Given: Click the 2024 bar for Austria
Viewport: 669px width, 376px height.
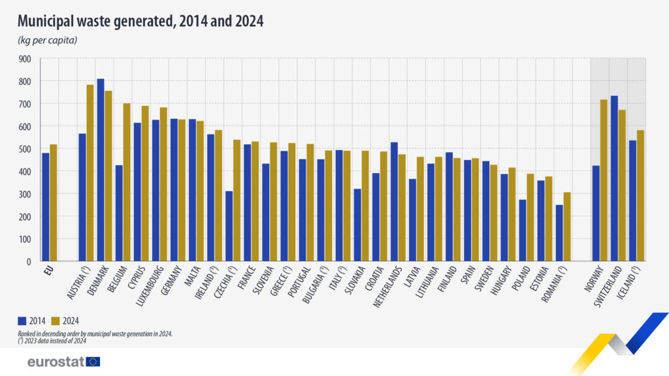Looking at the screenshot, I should [90, 173].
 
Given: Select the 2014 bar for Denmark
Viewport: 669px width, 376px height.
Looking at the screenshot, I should [101, 170].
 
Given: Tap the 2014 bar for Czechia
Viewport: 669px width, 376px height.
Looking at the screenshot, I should [229, 226].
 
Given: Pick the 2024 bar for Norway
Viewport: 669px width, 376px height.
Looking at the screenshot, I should [603, 180].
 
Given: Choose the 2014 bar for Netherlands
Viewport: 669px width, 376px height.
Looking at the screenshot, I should [394, 202].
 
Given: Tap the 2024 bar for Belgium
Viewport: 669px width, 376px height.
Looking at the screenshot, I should [127, 182].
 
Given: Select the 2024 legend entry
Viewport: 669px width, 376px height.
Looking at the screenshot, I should [65, 321].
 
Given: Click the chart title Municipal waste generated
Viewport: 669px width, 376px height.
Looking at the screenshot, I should [140, 21].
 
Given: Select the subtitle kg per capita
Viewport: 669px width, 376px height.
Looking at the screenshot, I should [48, 41].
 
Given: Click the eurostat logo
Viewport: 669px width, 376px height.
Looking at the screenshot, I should [64, 362].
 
